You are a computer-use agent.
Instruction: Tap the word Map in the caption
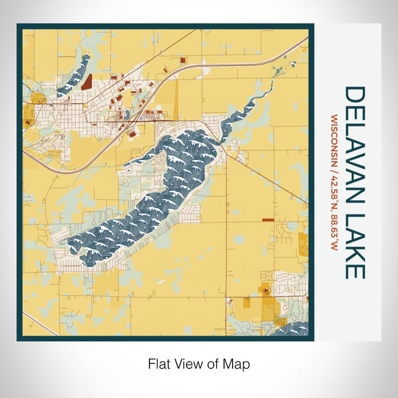click(x=239, y=363)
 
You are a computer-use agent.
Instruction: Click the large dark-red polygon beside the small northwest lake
click(x=87, y=84)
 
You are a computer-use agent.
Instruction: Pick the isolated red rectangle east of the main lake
click(x=267, y=219)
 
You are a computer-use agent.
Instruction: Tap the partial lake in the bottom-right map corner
click(x=293, y=329)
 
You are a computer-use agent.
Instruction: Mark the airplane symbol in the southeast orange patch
click(x=266, y=292)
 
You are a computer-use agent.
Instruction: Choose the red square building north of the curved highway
click(x=183, y=60)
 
